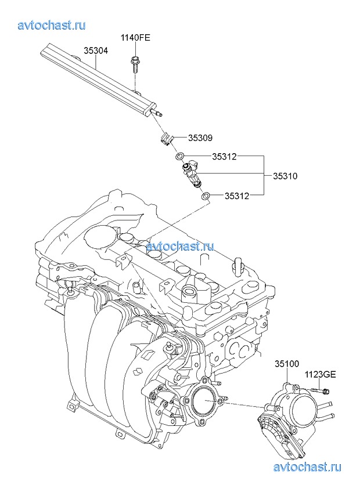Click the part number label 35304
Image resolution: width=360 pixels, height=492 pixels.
coord(96,51)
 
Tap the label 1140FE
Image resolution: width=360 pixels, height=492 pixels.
coord(135,38)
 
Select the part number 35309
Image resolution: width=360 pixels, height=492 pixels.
coord(200,138)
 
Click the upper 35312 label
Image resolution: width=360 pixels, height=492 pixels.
coord(225,156)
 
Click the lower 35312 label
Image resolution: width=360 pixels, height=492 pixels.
coord(237,196)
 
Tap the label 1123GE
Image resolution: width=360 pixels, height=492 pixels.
coord(322,374)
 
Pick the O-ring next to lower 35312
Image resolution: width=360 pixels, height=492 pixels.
coord(206,196)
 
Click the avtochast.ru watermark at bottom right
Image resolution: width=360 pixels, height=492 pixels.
coord(307,467)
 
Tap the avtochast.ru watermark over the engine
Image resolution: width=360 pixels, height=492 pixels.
coord(180,246)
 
